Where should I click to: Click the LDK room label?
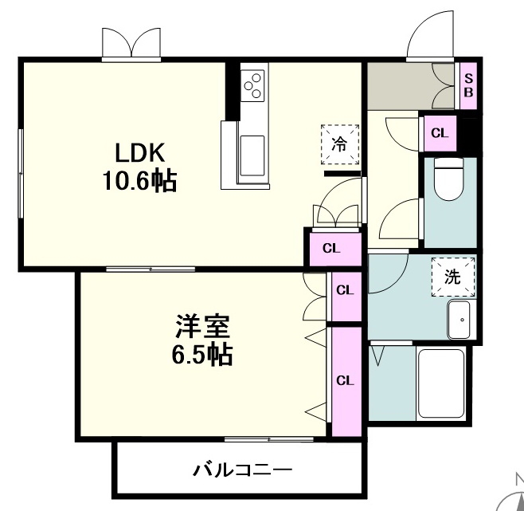tap(139, 152)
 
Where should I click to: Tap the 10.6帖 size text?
tap(139, 181)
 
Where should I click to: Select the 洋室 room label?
tap(202, 326)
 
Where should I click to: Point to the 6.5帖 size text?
tap(202, 355)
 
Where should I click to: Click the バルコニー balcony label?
tap(242, 470)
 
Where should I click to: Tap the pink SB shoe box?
tap(468, 85)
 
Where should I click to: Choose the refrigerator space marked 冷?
tap(340, 144)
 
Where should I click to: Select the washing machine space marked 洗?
tap(453, 277)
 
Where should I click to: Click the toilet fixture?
tap(449, 179)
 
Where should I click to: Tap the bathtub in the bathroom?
tap(441, 383)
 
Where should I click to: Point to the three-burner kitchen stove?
tap(252, 85)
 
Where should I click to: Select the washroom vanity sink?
tap(459, 320)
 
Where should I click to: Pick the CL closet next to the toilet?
tap(440, 133)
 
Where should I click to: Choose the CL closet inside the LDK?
tap(335, 249)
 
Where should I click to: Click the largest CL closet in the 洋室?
tap(346, 382)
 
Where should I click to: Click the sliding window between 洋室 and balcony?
tap(269, 439)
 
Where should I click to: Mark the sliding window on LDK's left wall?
tap(21, 174)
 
